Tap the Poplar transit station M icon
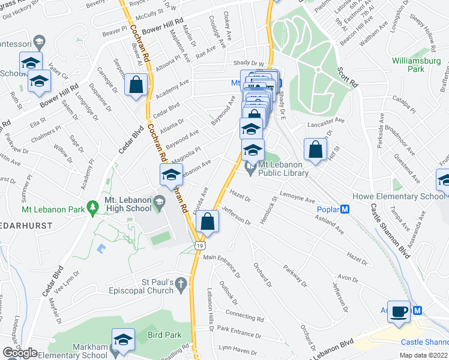click(x=345, y=209)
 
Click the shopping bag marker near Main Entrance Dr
click(x=206, y=221)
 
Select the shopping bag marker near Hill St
click(x=315, y=149)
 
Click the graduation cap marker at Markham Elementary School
click(x=123, y=340)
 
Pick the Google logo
click(x=20, y=353)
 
